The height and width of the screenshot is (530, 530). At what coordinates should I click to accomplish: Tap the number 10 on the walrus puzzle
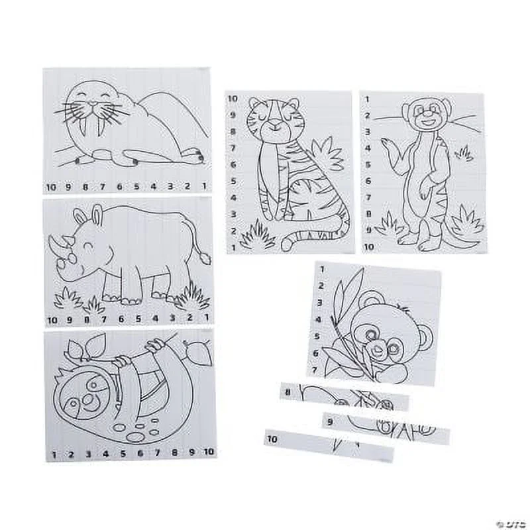(x=51, y=186)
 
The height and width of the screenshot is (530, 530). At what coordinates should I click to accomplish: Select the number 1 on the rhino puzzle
(x=207, y=318)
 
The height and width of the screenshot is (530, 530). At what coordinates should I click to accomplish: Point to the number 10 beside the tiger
(x=233, y=98)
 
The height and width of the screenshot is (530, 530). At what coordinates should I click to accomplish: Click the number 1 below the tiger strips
(x=233, y=247)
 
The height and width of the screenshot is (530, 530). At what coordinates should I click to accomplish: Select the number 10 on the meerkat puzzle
(x=369, y=246)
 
